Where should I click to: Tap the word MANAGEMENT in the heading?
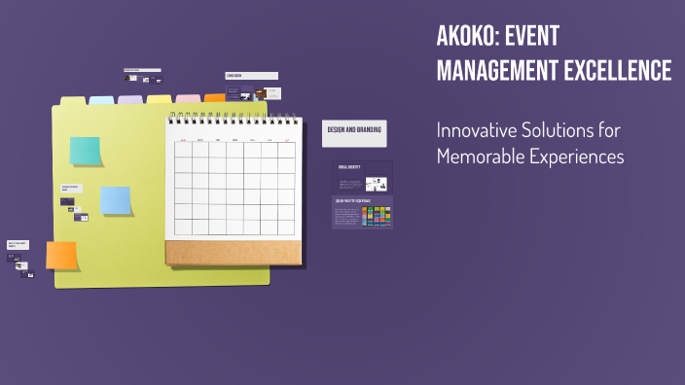click(x=499, y=70)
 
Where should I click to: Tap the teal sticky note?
click(x=85, y=151)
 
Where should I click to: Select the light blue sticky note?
click(x=116, y=200)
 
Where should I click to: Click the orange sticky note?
click(x=61, y=256)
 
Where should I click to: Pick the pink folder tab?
click(x=189, y=99)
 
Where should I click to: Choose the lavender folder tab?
click(x=130, y=99)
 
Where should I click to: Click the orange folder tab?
click(x=215, y=98)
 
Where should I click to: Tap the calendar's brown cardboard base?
click(x=234, y=254)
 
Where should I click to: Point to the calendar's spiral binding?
click(x=234, y=120)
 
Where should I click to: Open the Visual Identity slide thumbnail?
click(x=362, y=177)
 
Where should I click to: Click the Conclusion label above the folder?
click(x=251, y=76)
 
